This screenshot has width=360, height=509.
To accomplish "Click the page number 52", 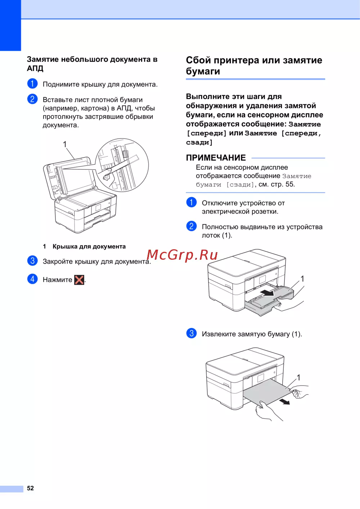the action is pyautogui.click(x=30, y=488).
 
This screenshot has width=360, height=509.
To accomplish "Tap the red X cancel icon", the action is pyautogui.click(x=79, y=280).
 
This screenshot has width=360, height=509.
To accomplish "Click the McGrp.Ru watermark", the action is pyautogui.click(x=182, y=255).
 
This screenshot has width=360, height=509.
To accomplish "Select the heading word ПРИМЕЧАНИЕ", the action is pyautogui.click(x=216, y=158).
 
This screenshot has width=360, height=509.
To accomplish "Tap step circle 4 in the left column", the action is pyautogui.click(x=32, y=279).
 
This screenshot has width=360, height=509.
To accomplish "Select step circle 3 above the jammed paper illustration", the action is pyautogui.click(x=191, y=333).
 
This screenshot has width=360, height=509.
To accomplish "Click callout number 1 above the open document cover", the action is pyautogui.click(x=65, y=144).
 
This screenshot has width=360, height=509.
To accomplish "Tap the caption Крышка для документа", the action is pyautogui.click(x=89, y=246).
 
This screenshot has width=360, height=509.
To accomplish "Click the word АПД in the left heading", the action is pyautogui.click(x=35, y=68).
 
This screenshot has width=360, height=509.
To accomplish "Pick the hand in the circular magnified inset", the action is pyautogui.click(x=108, y=175).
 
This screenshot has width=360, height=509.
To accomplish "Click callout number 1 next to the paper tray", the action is pyautogui.click(x=302, y=279).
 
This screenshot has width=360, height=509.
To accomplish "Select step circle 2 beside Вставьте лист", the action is pyautogui.click(x=32, y=99).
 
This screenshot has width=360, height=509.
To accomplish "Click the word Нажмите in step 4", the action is pyautogui.click(x=57, y=280).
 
